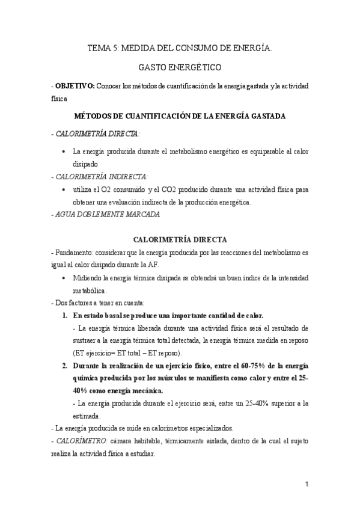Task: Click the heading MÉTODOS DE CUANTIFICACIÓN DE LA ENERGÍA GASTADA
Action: [180, 115]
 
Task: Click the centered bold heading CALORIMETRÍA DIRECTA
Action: [180, 239]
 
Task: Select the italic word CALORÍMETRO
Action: [81, 441]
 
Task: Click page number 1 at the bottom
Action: [306, 484]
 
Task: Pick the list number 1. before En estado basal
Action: [67, 315]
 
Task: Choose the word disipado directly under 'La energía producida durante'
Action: [85, 163]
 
